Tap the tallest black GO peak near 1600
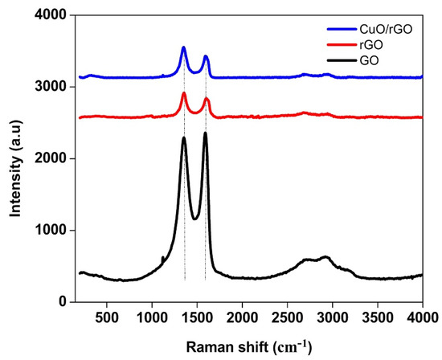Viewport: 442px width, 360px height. pos(205,133)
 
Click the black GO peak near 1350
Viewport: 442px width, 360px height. pos(183,137)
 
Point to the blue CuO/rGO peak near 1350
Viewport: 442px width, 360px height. pos(183,48)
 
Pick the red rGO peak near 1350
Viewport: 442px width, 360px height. pos(183,94)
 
